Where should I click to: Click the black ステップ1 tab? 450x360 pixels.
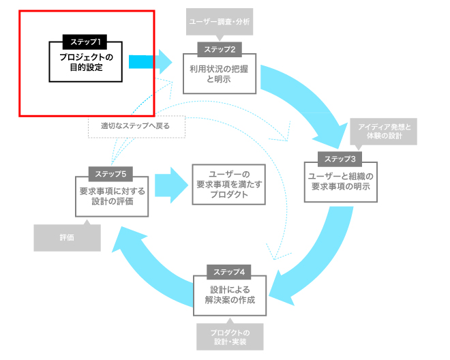point(85,42)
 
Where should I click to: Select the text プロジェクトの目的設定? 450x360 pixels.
point(86,62)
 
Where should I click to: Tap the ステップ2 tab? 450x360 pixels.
point(220,49)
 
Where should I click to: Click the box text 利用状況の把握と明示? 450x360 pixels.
point(219,74)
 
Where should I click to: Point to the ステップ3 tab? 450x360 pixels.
point(340,159)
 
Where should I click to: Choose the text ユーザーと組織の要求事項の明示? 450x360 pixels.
point(341,181)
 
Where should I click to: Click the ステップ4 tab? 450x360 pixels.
point(228,272)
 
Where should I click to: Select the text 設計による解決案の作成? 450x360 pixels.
point(230,295)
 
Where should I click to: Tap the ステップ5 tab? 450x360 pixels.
point(110,174)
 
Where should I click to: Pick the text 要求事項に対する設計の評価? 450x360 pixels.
point(112,196)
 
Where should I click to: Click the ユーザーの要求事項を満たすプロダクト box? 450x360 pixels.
point(228,184)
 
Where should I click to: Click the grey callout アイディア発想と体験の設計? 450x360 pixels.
point(384,132)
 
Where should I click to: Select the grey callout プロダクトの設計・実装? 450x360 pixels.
point(230,336)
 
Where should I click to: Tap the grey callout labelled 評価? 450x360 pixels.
point(67,237)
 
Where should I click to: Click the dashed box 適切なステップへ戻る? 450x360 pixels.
point(136,127)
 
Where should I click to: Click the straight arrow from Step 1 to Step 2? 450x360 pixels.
point(150,62)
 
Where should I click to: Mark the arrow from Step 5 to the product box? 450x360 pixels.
point(171,185)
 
